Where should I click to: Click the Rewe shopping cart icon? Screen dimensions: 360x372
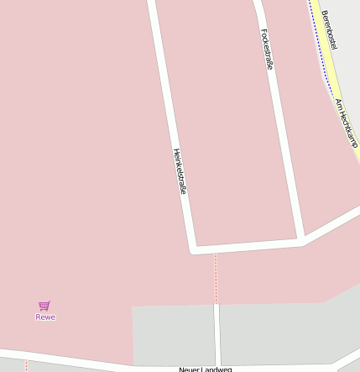point(44,306)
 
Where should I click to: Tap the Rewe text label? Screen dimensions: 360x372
point(45,317)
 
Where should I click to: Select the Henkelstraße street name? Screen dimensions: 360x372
point(179,171)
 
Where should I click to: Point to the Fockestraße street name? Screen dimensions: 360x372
point(268,49)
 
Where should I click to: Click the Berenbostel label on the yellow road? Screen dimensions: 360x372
point(329,29)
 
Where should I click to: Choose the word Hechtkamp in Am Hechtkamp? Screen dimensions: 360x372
point(349,131)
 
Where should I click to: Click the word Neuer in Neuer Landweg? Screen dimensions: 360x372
point(190,369)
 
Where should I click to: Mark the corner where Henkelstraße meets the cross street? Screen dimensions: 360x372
point(194,249)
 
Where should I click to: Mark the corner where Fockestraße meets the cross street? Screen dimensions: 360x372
point(300,241)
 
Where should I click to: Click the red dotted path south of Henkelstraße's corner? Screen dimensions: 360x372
point(216,277)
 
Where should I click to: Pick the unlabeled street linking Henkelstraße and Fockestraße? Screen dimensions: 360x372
point(248,245)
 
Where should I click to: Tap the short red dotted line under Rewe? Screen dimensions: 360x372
point(26,366)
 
